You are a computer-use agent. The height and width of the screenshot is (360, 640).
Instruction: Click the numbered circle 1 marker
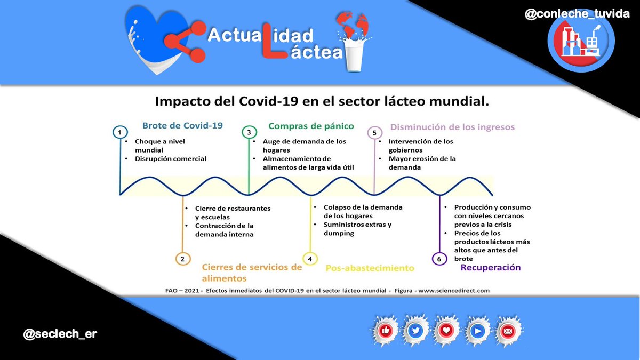click(121, 132)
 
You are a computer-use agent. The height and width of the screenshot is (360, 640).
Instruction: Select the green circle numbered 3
click(249, 132)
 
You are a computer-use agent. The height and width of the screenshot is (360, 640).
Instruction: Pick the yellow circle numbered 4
click(310, 259)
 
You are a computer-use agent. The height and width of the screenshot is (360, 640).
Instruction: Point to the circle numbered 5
click(374, 132)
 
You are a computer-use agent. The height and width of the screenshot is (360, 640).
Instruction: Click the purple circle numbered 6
click(439, 259)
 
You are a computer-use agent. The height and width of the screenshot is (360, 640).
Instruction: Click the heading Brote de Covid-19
click(182, 126)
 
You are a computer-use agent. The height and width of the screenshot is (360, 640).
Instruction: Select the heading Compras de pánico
click(311, 126)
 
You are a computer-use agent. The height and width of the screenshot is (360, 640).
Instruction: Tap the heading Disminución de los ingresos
click(452, 127)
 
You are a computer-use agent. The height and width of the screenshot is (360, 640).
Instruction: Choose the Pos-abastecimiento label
click(370, 268)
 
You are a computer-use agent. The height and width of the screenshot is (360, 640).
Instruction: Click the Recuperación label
click(490, 267)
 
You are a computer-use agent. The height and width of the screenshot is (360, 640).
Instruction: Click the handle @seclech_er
click(60, 334)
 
